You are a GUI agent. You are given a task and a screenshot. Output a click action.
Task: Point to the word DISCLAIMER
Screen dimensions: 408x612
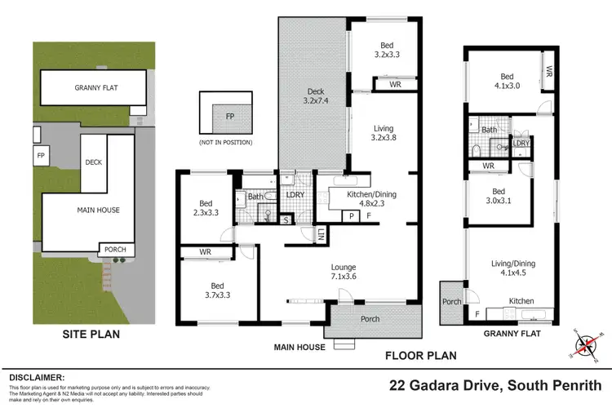point(36,377)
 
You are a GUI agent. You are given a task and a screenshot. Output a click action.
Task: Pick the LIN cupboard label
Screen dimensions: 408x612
point(321,236)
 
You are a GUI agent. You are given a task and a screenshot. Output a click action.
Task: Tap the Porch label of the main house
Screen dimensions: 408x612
point(370,319)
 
